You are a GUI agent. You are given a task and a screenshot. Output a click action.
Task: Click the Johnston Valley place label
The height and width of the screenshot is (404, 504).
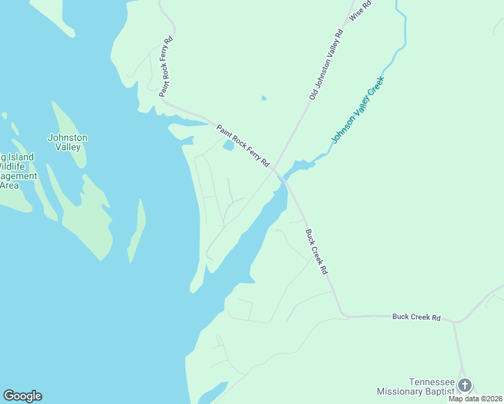(67, 142)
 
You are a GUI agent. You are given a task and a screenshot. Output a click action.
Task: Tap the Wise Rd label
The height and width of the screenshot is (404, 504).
(356, 10)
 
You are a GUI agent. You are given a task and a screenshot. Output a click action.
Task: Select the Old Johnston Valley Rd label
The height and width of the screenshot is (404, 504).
(326, 65)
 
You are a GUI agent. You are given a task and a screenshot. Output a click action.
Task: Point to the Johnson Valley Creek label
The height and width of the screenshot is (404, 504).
(357, 110)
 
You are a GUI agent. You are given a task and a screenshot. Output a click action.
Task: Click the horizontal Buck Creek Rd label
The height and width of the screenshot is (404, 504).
(416, 316)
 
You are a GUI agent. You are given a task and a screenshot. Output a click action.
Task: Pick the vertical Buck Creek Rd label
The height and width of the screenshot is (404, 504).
(315, 252)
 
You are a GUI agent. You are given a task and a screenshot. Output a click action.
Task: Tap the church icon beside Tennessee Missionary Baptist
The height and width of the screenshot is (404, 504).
(464, 385)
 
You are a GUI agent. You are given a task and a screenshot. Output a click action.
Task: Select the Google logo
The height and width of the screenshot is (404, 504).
(22, 396)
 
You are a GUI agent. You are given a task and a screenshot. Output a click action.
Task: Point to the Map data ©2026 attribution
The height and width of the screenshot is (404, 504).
(476, 399)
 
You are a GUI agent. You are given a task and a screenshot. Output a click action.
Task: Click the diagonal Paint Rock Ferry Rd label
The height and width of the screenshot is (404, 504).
(243, 146)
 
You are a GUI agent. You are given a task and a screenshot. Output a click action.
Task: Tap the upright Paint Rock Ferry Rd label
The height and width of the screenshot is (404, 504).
(166, 67)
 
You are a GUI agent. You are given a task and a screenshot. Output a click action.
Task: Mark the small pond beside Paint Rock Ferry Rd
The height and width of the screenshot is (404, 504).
(228, 145)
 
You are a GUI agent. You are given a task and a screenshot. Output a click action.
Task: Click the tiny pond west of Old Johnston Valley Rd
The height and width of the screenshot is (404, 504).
(263, 98)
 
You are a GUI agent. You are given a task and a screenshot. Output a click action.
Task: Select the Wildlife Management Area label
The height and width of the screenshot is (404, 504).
(17, 171)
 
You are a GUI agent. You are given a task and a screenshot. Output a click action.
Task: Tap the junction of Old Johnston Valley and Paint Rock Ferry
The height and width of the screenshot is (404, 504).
(275, 170)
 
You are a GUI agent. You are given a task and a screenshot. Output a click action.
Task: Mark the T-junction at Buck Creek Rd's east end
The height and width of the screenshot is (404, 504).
(453, 322)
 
